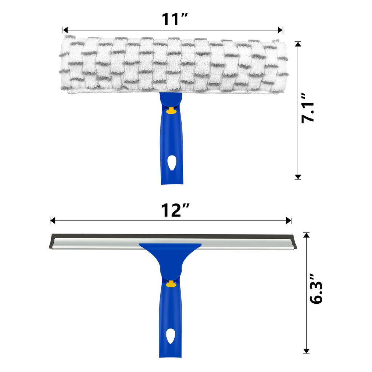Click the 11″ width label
click(175, 19)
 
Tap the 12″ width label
click(175, 210)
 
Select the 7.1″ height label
click(308, 108)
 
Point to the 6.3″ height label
click(316, 289)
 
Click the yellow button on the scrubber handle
click(171, 110)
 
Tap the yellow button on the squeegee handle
click(171, 284)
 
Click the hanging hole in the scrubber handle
click(171, 163)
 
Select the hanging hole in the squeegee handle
click(171, 336)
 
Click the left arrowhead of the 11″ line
click(65, 30)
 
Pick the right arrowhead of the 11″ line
click(280, 30)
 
